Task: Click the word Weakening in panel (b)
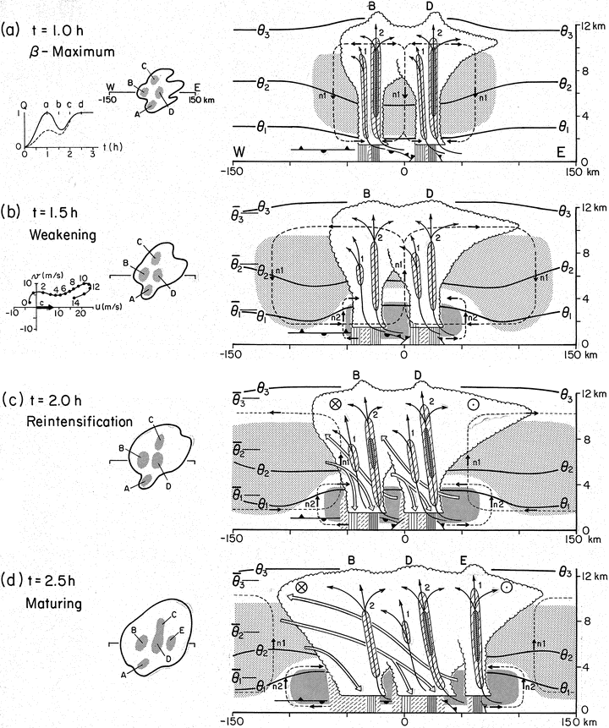point(63,235)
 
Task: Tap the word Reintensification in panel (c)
point(80,422)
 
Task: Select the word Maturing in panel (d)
point(53,604)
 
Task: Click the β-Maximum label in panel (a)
point(72,52)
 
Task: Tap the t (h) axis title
point(112,147)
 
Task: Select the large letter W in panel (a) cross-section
point(239,151)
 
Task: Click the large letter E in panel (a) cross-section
point(561,152)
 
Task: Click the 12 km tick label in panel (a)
point(593,26)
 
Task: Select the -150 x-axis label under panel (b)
point(232,355)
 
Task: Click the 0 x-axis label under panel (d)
point(404,721)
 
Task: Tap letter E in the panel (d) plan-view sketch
point(181,631)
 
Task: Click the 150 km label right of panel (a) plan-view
point(201,100)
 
